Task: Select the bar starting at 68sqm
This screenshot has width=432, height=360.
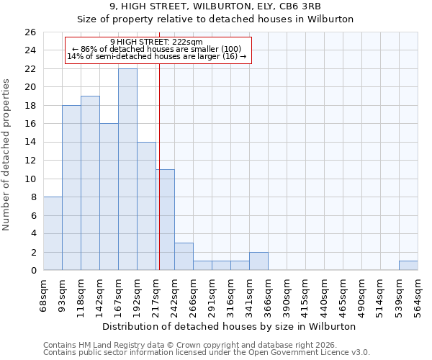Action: tap(53, 233)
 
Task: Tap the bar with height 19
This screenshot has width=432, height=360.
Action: tap(90, 183)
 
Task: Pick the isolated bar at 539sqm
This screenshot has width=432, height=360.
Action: tap(408, 266)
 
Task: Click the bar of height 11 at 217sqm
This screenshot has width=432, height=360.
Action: tap(165, 220)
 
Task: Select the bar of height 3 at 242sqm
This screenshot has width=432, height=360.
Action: tap(184, 256)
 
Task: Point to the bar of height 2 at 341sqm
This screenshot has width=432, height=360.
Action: tap(258, 261)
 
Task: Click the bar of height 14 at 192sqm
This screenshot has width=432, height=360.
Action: tap(146, 206)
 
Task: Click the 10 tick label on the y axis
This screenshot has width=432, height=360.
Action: tap(30, 179)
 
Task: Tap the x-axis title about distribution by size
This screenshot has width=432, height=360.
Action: tap(229, 326)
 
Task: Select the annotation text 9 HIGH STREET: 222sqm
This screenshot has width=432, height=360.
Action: tap(156, 42)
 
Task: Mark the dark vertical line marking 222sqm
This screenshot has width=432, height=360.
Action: tap(159, 166)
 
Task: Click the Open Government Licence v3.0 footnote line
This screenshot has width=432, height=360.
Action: tap(207, 352)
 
